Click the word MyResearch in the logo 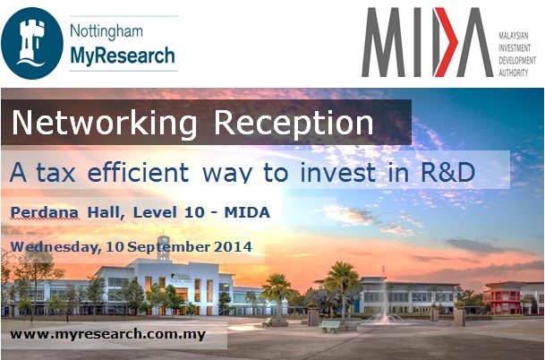123,58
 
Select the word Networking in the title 89,123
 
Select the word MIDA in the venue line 248,212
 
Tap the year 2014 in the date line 230,245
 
